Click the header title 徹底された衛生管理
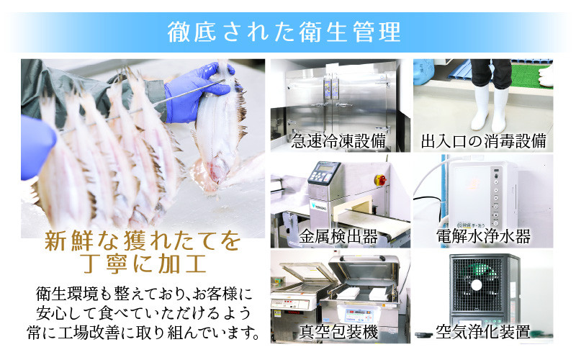(284, 32)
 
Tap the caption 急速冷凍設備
(338, 141)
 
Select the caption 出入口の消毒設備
(483, 141)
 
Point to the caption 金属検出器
(338, 237)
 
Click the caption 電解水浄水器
(483, 237)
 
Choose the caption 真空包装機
(338, 332)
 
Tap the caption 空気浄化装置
(483, 332)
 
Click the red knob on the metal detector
(381, 180)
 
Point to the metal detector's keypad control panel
(323, 173)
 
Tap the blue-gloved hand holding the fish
(199, 93)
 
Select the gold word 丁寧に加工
(143, 264)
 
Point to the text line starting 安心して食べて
(143, 313)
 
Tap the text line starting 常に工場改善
(143, 333)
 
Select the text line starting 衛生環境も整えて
(143, 294)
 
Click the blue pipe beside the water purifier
(445, 191)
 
